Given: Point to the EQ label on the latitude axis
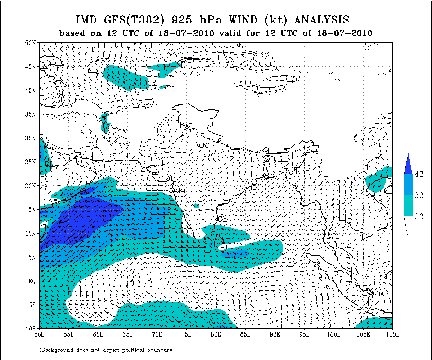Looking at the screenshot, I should coord(32,281).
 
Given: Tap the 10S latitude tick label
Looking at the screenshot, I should coord(32,329).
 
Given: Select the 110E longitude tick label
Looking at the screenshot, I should coord(392,335).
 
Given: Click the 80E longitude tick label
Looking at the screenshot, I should coord(216,335).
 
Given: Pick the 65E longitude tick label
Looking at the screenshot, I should coord(127,335).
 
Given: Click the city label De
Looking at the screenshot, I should coord(204,145).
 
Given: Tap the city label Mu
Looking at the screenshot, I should coord(180,191).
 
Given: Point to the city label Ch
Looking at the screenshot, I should coord(223,219).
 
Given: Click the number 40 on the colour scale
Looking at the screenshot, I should coord(418,174).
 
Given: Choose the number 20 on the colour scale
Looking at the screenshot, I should coord(418,216).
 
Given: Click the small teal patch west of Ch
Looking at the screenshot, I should coord(196,206).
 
